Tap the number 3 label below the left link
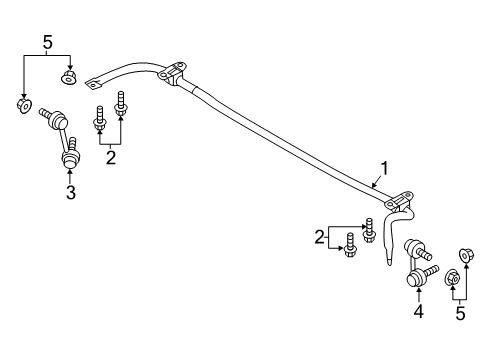coord(70,192)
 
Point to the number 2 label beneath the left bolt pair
coord(112,156)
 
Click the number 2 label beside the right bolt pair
coord(321,236)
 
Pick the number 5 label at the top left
coord(46,41)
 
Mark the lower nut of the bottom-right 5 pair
coord(451,277)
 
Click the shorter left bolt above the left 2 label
coord(100,118)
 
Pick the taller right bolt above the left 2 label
coord(122,103)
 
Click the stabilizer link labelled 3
coord(64,140)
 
